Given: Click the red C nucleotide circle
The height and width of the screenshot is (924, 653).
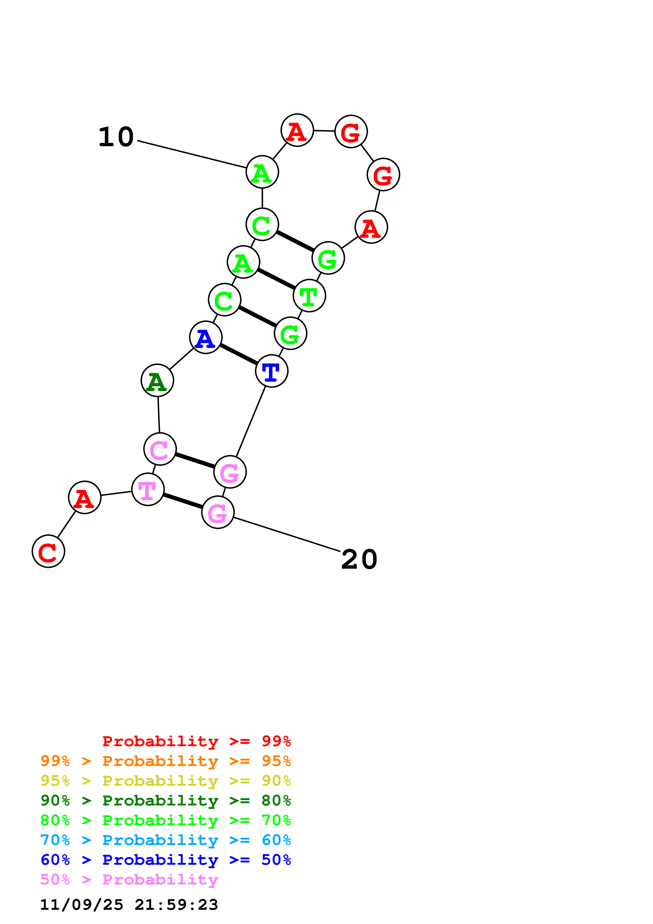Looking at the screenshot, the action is coord(48,551).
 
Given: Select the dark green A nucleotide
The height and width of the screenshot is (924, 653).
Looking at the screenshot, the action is coord(157,380).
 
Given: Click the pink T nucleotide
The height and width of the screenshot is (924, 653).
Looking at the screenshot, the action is coord(148,489).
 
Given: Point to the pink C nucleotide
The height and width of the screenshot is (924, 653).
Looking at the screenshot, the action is coord(160,449).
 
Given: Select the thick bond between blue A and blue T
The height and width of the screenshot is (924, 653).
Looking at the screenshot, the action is coord(239,354).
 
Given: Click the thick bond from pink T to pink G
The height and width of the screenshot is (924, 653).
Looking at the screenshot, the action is coord(183,501).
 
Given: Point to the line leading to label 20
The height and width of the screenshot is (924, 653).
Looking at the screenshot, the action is coord(287,534).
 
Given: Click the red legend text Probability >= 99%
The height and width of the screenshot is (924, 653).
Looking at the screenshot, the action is coord(196,741).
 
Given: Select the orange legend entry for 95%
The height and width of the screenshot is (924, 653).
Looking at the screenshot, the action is coord(165,761).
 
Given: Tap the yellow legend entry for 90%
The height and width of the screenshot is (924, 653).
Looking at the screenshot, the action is coord(165,780).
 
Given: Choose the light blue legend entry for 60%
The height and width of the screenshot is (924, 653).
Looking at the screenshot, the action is coord(165,840).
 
